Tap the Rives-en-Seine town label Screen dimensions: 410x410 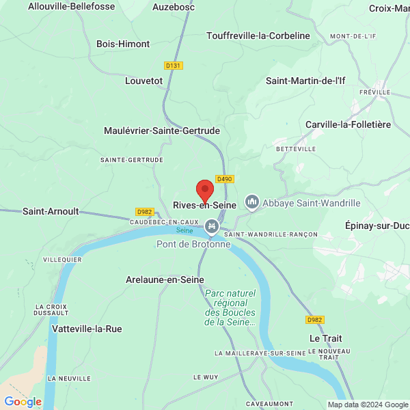[x=205, y=205]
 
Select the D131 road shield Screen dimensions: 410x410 [x=174, y=66]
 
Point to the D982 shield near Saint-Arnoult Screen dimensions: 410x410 [x=144, y=212]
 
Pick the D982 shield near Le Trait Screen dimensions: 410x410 [x=315, y=320]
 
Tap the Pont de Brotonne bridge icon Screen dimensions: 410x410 [x=212, y=225]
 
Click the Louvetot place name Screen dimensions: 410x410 [x=144, y=81]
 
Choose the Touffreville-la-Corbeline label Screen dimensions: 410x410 [x=258, y=36]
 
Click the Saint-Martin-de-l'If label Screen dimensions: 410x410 [x=305, y=81]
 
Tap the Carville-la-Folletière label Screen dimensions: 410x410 [x=348, y=124]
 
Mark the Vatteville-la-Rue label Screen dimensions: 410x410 [x=87, y=329]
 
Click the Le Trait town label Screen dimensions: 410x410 [x=325, y=338]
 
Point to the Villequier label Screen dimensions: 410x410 [x=62, y=260]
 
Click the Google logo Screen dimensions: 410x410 [x=23, y=402]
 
